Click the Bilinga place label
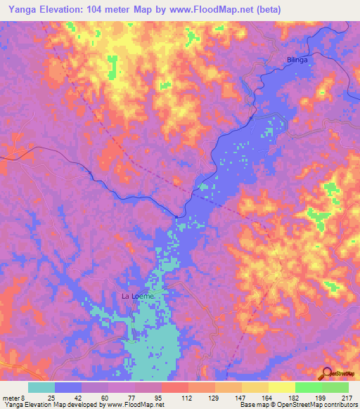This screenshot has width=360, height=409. pyautogui.click(x=297, y=60)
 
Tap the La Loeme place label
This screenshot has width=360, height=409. pyautogui.click(x=137, y=296)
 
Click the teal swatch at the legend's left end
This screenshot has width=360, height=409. pyautogui.click(x=41, y=387)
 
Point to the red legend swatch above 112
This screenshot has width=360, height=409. pyautogui.click(x=174, y=387)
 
